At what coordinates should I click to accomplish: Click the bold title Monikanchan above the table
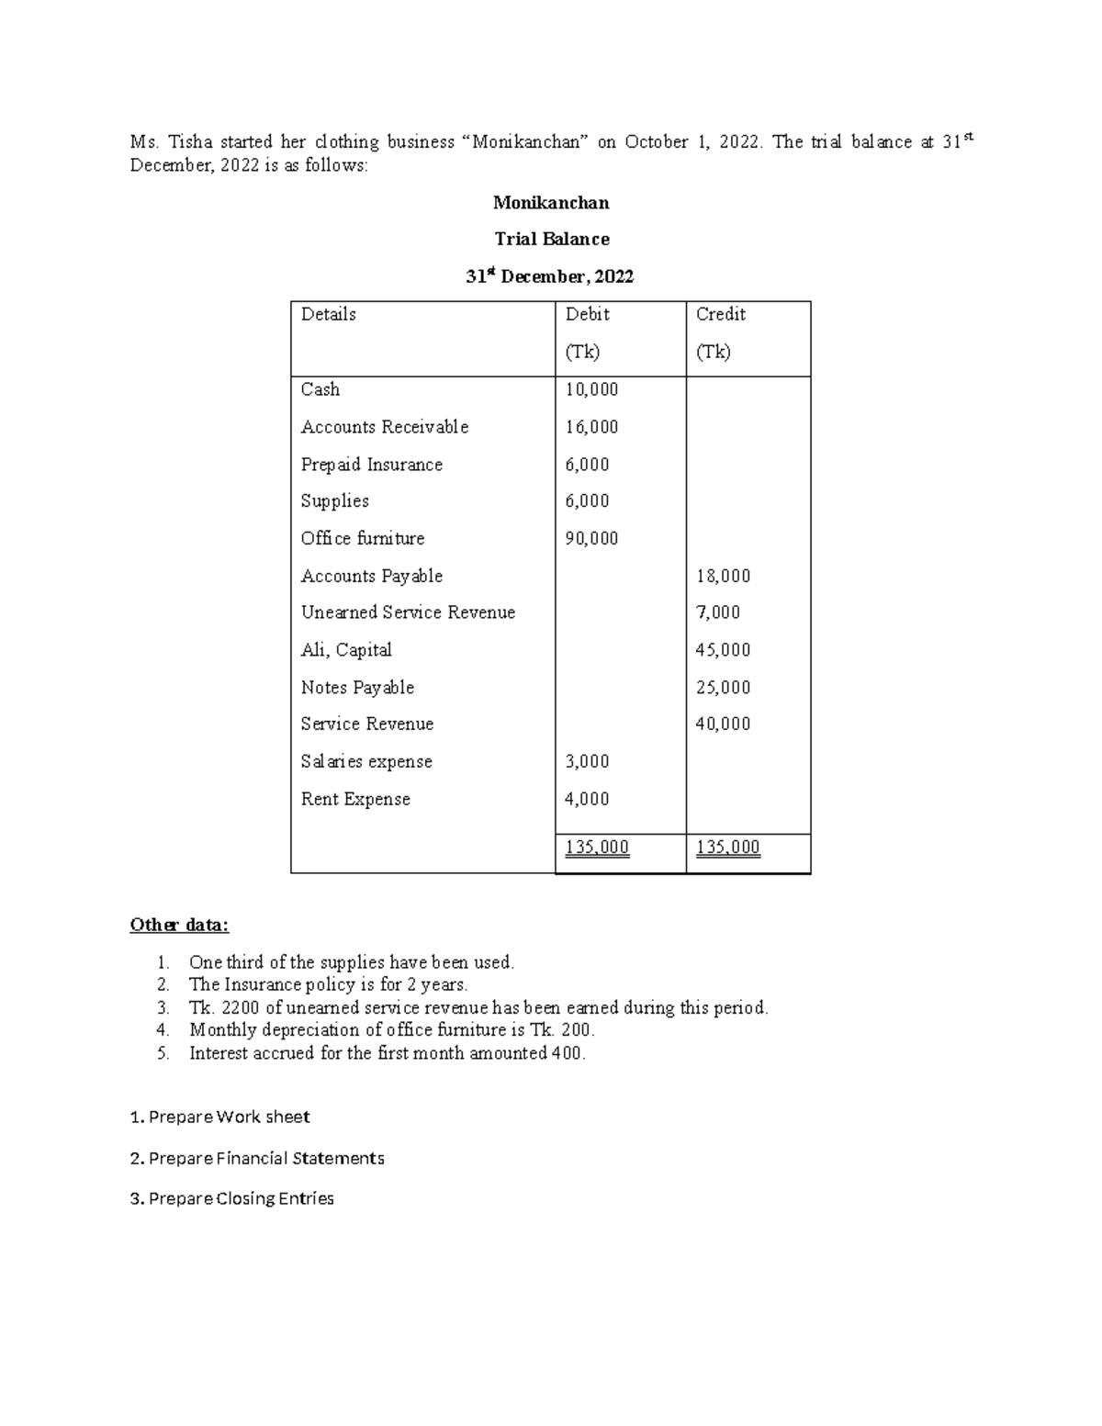click(x=551, y=202)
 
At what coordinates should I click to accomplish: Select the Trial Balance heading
click(x=551, y=239)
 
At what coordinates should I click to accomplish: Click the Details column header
click(x=328, y=314)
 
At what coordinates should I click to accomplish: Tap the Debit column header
click(x=587, y=314)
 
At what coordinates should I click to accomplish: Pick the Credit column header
click(x=720, y=314)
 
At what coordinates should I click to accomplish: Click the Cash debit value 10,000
click(x=591, y=389)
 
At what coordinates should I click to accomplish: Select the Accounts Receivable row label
click(x=384, y=427)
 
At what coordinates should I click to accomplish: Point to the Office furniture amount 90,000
click(x=591, y=538)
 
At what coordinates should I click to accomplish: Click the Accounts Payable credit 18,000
click(x=723, y=576)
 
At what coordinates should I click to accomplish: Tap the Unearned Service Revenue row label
click(x=408, y=612)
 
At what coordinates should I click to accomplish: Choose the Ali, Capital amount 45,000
click(x=723, y=650)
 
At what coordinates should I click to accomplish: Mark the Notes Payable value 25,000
click(x=723, y=688)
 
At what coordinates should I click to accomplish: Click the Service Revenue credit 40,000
click(x=723, y=724)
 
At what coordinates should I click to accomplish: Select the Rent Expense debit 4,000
click(x=587, y=799)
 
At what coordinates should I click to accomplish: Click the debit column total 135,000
click(x=597, y=847)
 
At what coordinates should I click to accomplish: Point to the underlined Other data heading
click(x=179, y=925)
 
